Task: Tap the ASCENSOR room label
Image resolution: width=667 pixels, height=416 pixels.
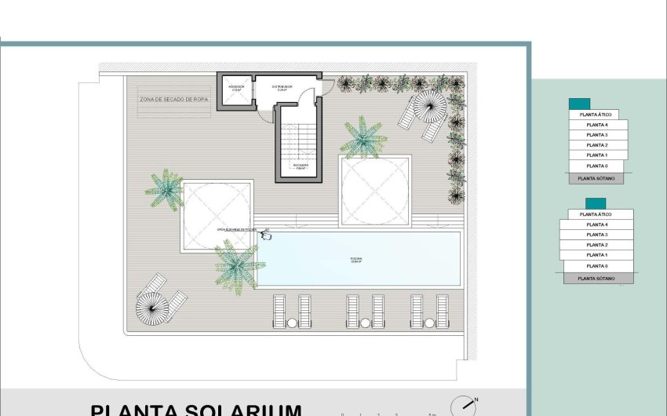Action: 236,88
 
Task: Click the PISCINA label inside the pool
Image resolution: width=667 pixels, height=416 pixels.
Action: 355,260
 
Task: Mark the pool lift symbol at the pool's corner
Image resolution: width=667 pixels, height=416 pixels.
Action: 267,232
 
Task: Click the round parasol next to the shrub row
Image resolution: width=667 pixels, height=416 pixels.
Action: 428,106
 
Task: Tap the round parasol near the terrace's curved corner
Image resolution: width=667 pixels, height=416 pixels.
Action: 152,305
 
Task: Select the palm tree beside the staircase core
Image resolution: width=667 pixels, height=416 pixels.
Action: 363,137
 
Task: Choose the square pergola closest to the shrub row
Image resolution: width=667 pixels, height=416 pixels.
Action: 374,191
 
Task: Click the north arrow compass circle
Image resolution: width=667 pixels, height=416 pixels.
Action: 463,407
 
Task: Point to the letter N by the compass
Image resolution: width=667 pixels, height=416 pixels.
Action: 476,399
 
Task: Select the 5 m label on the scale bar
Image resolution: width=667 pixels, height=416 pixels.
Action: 432,413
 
